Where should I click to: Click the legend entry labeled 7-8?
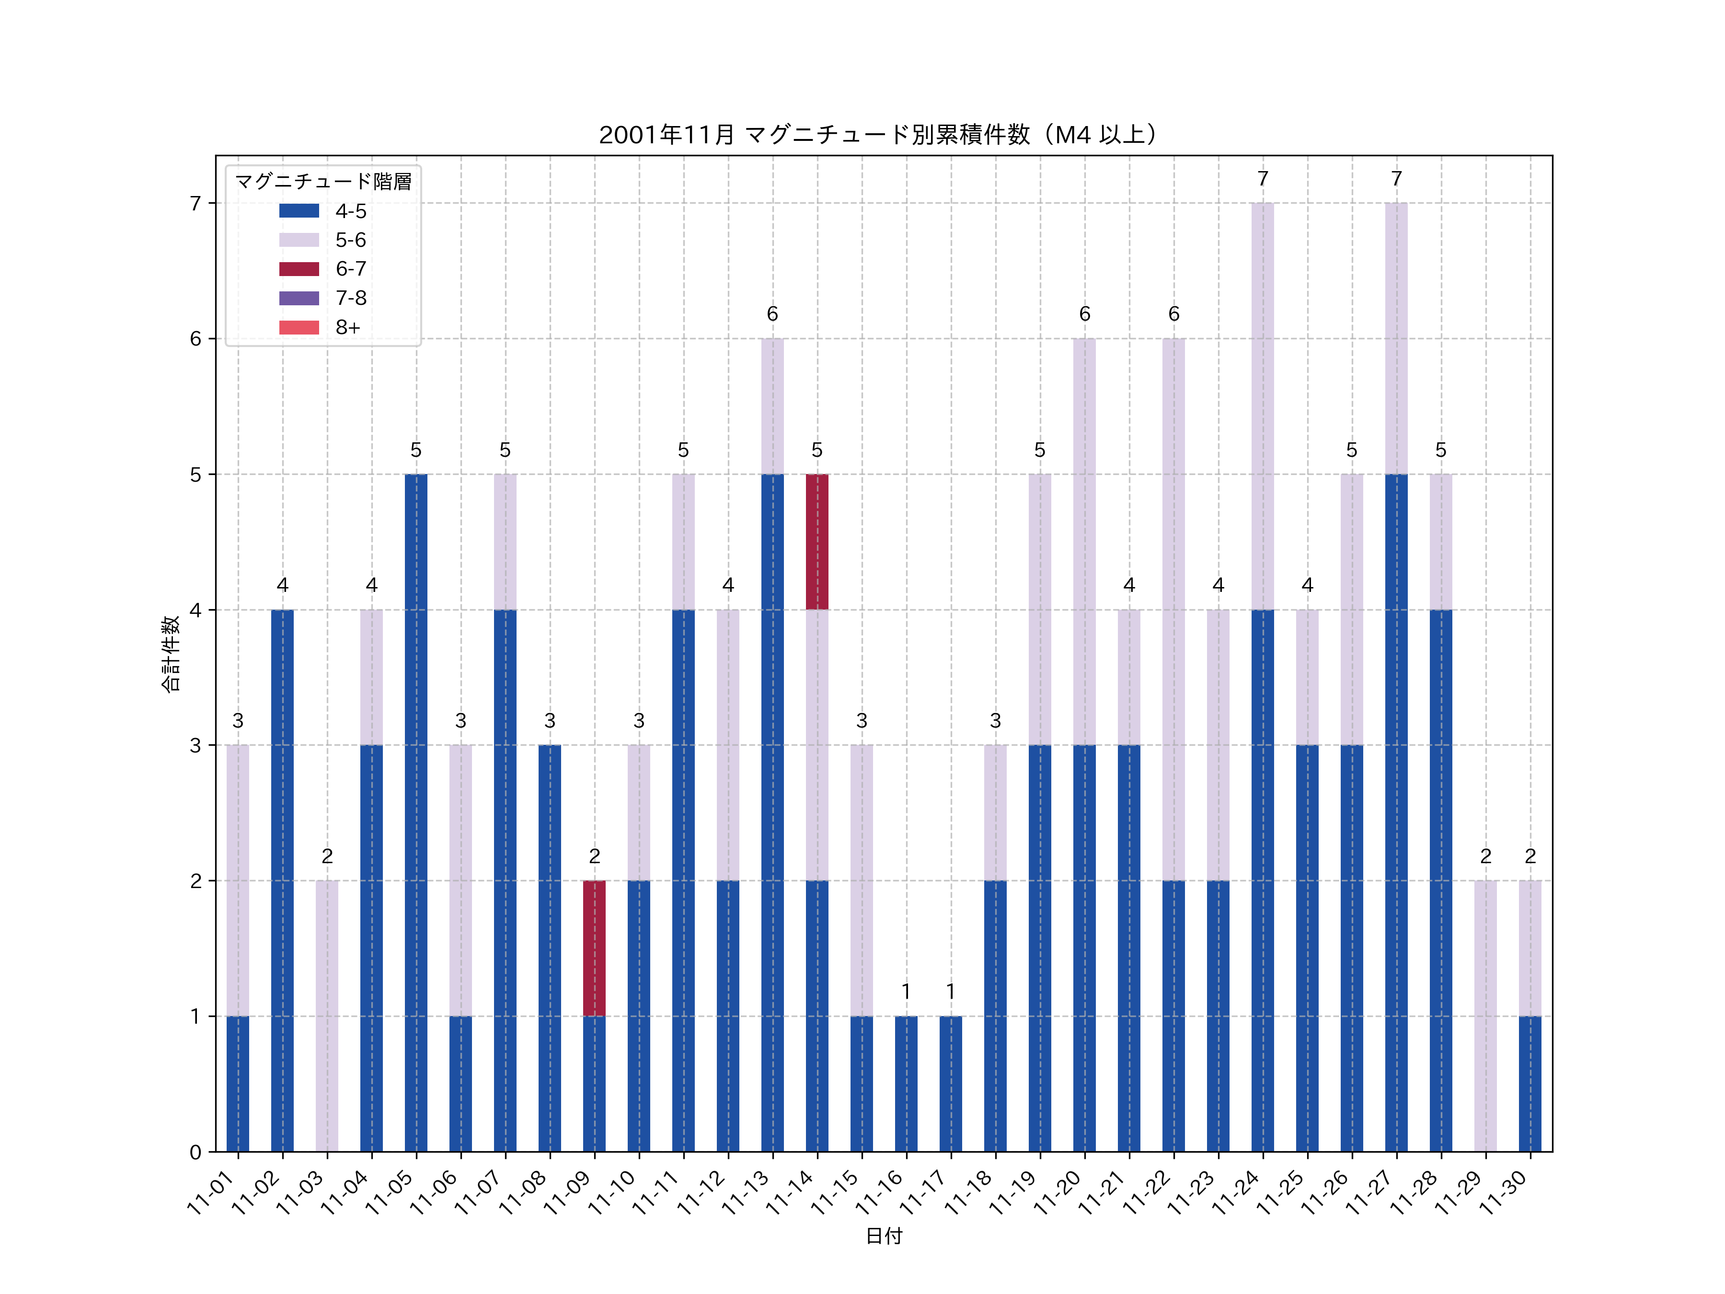click(x=350, y=298)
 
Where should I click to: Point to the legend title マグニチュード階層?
click(x=323, y=182)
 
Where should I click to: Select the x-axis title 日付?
click(x=884, y=1236)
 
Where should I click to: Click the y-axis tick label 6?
click(x=195, y=338)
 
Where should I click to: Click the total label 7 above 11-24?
click(x=1263, y=179)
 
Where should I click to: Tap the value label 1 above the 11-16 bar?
click(x=906, y=992)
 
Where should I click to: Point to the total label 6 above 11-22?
click(x=1173, y=313)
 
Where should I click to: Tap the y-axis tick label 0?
click(x=195, y=1152)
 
